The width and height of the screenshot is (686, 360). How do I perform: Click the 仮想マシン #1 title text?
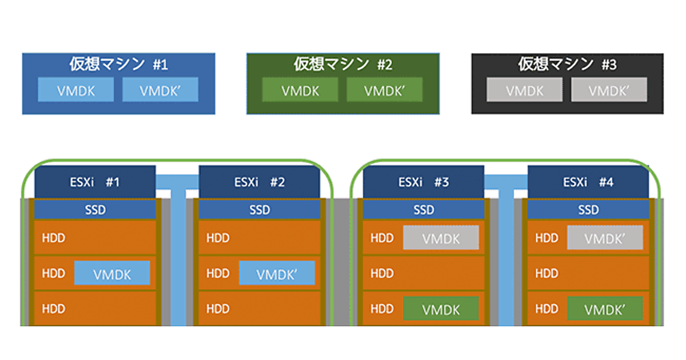(x=118, y=64)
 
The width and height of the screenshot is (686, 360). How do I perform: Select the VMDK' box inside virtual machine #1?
(x=161, y=90)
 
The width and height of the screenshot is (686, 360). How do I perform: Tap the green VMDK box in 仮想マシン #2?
(x=301, y=90)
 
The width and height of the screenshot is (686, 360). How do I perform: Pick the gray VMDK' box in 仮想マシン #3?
(x=609, y=90)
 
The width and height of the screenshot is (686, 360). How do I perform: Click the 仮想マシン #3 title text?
(x=567, y=64)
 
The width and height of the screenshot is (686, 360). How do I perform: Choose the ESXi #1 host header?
(x=95, y=182)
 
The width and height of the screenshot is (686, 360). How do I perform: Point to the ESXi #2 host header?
(x=260, y=182)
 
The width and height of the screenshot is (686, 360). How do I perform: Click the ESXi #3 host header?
(x=424, y=182)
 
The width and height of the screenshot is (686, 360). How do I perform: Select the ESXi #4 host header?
(x=588, y=182)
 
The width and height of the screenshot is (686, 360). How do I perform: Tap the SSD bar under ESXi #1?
(x=95, y=210)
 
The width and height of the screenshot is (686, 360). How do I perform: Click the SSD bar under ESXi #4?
(x=588, y=210)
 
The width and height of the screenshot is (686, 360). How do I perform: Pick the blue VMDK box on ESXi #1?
(x=112, y=274)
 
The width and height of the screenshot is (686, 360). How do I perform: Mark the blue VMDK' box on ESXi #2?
(x=277, y=274)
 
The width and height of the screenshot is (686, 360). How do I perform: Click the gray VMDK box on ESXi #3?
(x=441, y=238)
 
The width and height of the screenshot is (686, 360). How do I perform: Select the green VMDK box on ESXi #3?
(x=441, y=309)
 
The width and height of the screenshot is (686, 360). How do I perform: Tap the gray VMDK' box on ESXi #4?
(x=605, y=238)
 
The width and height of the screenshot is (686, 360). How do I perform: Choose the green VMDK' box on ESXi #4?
(x=605, y=309)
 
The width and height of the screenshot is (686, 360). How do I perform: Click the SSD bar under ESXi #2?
(x=260, y=210)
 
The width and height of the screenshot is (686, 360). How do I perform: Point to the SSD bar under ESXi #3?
(x=424, y=210)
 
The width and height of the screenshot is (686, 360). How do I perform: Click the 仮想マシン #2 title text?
(x=343, y=64)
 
